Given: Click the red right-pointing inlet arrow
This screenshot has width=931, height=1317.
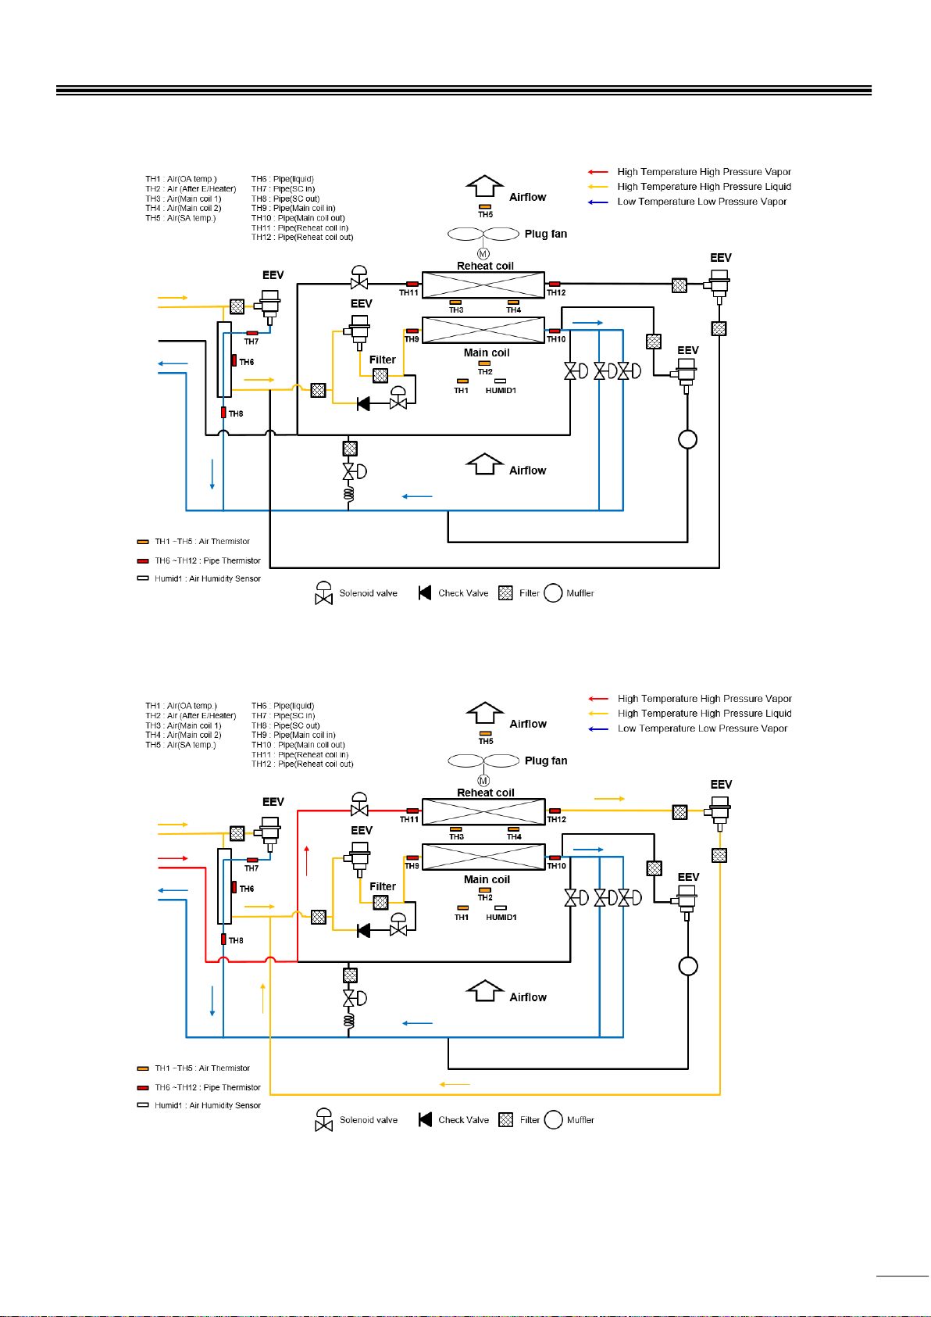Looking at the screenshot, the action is point(173,858).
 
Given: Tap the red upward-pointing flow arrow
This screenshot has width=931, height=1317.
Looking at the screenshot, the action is point(307,861).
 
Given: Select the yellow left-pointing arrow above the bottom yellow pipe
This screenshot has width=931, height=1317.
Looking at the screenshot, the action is point(455,1084).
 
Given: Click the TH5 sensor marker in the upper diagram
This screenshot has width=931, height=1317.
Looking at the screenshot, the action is point(485,207).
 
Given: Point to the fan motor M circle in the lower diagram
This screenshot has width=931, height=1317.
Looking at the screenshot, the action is point(483,781).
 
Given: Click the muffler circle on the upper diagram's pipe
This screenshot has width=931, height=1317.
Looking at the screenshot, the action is point(688,439).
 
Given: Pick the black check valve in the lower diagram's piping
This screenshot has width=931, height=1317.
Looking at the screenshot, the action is point(364,930).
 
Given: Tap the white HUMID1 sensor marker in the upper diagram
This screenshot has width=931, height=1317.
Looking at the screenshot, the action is point(501,381).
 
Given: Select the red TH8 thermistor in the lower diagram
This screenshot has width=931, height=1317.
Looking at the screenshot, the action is point(223,939).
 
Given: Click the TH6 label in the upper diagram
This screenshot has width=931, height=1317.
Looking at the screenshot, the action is point(247,362).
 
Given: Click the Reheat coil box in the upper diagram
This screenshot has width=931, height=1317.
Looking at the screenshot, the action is point(483,285).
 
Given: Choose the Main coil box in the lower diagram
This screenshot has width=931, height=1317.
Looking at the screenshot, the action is point(483,857).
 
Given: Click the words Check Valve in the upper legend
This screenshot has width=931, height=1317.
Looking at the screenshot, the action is point(463,593).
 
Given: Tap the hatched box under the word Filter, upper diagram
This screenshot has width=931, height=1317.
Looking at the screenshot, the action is point(380,375).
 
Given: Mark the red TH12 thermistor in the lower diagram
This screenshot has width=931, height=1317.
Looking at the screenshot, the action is point(555,811).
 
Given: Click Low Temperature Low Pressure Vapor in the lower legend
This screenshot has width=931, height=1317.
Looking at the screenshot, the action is point(702,728).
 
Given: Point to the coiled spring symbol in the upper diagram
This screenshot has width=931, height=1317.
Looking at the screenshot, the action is point(349,493).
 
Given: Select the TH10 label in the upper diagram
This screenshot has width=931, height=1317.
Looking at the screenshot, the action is point(556,339).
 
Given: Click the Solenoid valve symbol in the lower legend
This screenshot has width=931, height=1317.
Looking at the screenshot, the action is point(323,1119).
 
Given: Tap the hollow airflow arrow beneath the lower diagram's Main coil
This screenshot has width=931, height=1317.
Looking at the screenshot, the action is point(484,991).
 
